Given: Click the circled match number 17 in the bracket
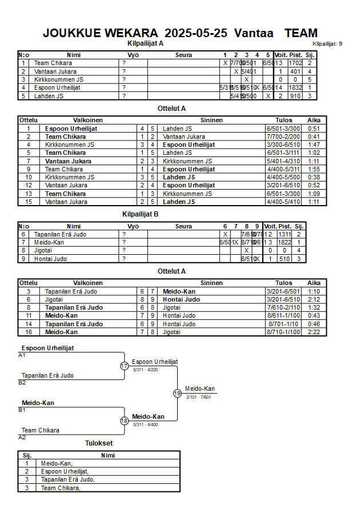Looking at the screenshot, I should pyautogui.click(x=124, y=366).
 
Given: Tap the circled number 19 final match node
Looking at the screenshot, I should pyautogui.click(x=177, y=393).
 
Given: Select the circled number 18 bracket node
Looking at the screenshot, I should pyautogui.click(x=124, y=421).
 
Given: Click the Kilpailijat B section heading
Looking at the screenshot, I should pyautogui.click(x=140, y=214).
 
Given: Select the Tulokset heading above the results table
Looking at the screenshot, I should pyautogui.click(x=99, y=443).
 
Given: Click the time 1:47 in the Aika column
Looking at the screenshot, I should pyautogui.click(x=314, y=145).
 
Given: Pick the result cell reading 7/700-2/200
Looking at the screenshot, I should pyautogui.click(x=283, y=137).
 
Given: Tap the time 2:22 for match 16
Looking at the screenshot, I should pyautogui.click(x=314, y=332).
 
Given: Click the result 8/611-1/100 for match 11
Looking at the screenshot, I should pyautogui.click(x=283, y=316).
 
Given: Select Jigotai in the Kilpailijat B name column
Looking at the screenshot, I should pyautogui.click(x=43, y=250).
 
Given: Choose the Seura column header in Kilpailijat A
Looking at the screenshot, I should pyautogui.click(x=183, y=55).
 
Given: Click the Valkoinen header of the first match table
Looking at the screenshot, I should pyautogui.click(x=87, y=121).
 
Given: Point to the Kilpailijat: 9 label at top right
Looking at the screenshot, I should pyautogui.click(x=327, y=44).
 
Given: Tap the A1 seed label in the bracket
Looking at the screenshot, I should pyautogui.click(x=22, y=355).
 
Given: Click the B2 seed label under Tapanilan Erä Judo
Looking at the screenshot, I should pyautogui.click(x=22, y=382).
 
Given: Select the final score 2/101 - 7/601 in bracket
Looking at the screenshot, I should pyautogui.click(x=198, y=397).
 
